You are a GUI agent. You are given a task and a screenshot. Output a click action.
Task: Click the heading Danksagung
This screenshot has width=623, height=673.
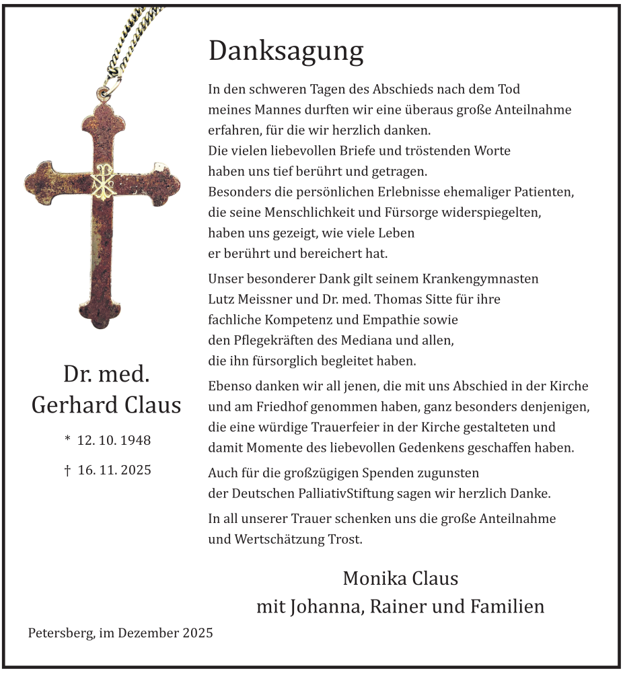(286, 52)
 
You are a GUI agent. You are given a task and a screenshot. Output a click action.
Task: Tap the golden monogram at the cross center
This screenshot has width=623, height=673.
(104, 180)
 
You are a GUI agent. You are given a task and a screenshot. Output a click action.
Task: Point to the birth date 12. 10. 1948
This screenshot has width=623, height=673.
(114, 441)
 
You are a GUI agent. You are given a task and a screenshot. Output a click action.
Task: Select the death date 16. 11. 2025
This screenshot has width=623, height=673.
(114, 470)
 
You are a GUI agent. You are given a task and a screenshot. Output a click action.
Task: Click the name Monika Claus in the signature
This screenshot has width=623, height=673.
(400, 578)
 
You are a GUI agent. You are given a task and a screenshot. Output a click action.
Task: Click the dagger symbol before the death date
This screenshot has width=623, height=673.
(67, 470)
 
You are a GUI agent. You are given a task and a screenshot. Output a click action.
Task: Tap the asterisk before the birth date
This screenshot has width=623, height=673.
(67, 439)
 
